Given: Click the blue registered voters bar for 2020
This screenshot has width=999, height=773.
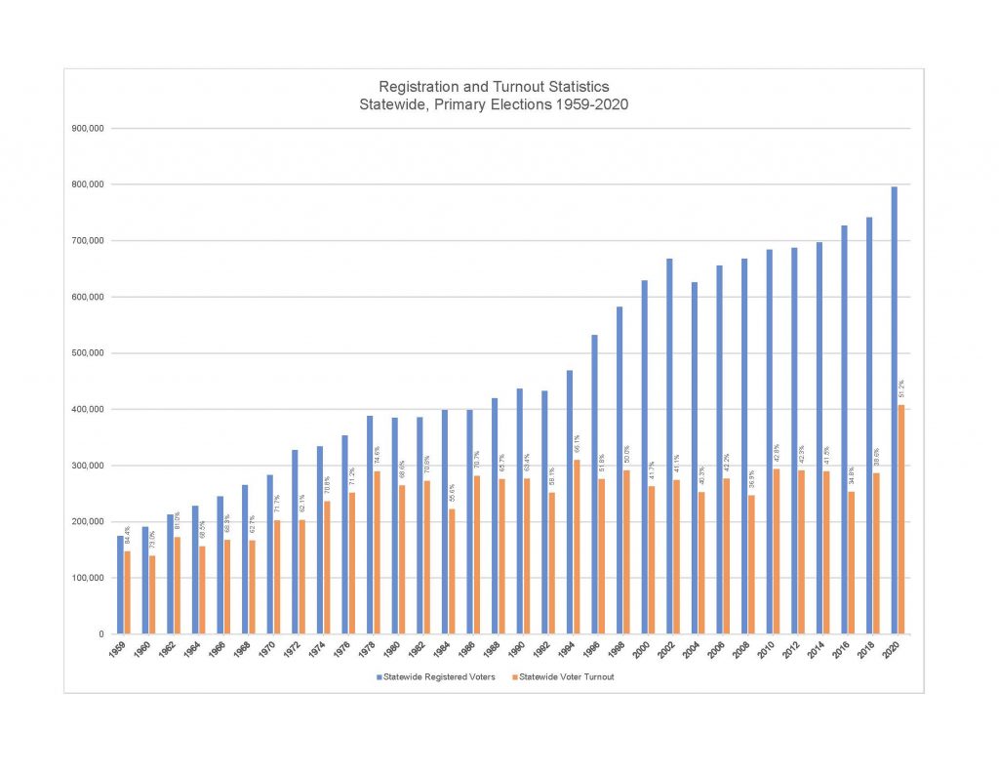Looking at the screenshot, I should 894,410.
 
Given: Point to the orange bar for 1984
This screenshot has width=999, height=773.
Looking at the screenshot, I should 451,571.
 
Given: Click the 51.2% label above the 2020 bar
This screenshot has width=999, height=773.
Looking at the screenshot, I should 901,388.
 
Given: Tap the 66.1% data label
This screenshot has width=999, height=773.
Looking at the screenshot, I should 577,445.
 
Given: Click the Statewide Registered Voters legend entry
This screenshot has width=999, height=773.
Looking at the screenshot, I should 437,676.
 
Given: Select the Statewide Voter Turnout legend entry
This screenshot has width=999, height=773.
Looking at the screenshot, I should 566,676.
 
